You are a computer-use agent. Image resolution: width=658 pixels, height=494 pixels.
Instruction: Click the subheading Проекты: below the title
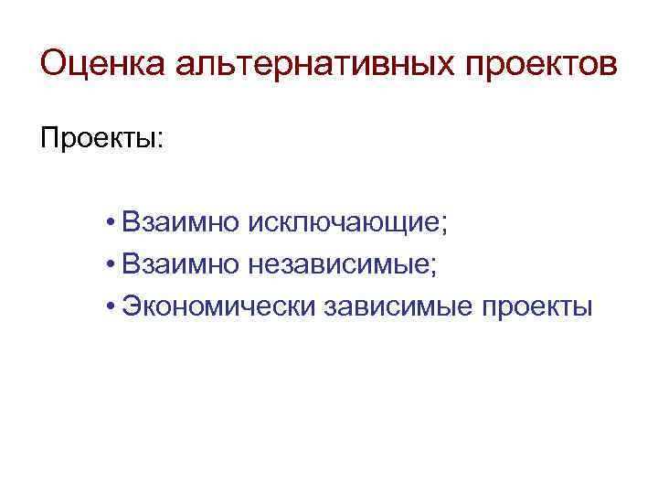pyautogui.click(x=101, y=140)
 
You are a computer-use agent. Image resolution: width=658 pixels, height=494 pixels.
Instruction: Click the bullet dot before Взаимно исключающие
pyautogui.click(x=109, y=222)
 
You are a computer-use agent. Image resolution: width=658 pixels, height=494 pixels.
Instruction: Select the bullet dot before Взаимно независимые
pyautogui.click(x=109, y=265)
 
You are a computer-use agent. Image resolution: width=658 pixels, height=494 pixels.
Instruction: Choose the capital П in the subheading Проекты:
pyautogui.click(x=49, y=140)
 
